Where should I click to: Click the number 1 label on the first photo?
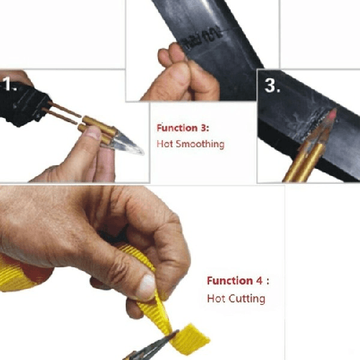coord(10,86)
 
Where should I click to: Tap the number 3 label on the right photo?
coord(272,86)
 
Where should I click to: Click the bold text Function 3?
coord(183,128)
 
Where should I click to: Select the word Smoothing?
coord(199,144)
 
